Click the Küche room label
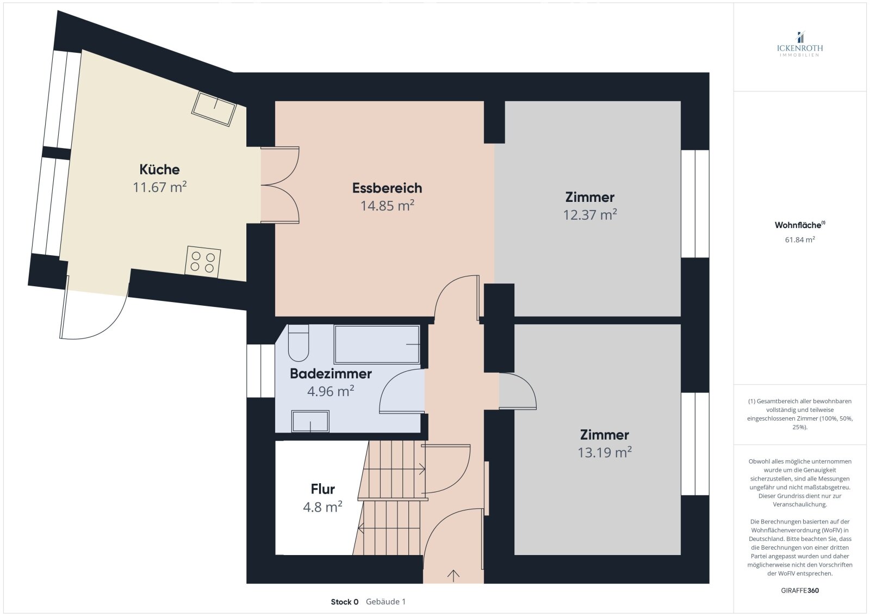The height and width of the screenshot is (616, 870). coord(159,169)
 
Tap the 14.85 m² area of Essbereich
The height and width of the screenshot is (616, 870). coord(387,206)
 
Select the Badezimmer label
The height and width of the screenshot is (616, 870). coord(331,373)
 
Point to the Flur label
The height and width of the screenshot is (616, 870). coord(323,489)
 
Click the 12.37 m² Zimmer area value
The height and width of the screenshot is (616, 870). coord(590,215)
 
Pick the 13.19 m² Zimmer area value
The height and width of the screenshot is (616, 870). coord(605,452)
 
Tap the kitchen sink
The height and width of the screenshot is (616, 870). coord(214,108)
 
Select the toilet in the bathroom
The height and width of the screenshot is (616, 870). coord(299,343)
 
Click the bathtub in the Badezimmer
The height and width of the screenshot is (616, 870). coord(377,344)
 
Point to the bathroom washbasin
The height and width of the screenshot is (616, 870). coord(310,421)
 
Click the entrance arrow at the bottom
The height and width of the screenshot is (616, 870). coord(453,576)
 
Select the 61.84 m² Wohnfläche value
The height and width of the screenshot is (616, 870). coord(800,239)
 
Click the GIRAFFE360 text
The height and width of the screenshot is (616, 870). coord(800,590)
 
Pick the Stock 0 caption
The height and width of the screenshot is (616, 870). coord(345,602)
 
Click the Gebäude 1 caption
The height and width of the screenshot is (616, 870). coord(386,602)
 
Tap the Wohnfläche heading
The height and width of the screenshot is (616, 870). coord(800,225)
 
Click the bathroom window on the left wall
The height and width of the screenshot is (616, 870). coord(261,371)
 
